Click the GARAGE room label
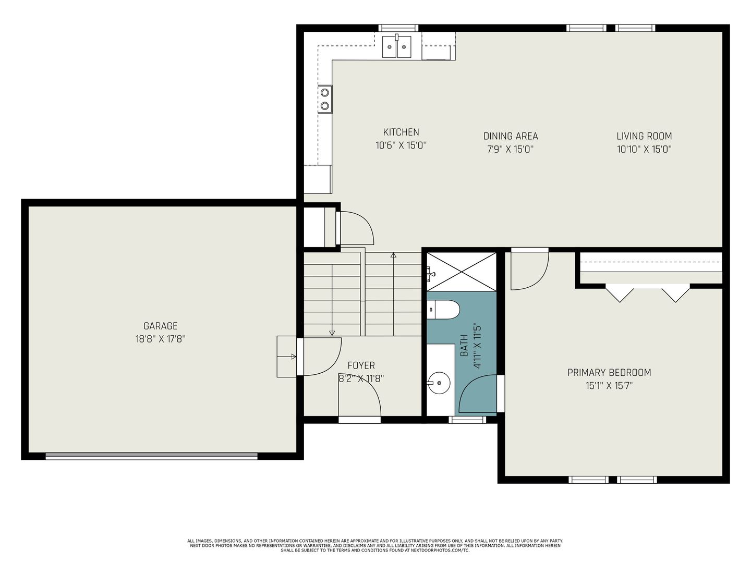pyautogui.click(x=160, y=326)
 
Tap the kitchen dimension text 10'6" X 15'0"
pyautogui.click(x=401, y=145)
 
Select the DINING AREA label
pyautogui.click(x=511, y=136)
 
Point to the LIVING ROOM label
pyautogui.click(x=644, y=136)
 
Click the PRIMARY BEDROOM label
pyautogui.click(x=609, y=373)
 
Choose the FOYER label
pyautogui.click(x=361, y=365)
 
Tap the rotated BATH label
pyautogui.click(x=464, y=346)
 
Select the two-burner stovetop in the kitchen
pyautogui.click(x=325, y=99)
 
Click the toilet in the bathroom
pyautogui.click(x=443, y=310)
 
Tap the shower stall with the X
pyautogui.click(x=462, y=272)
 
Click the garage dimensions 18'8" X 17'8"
pyautogui.click(x=160, y=339)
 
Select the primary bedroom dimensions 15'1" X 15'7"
pyautogui.click(x=609, y=386)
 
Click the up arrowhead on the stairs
pyautogui.click(x=393, y=255)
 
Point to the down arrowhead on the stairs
pyautogui.click(x=332, y=333)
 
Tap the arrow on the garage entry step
pyautogui.click(x=287, y=357)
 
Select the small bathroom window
pyautogui.click(x=467, y=420)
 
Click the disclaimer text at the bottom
pyautogui.click(x=375, y=546)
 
